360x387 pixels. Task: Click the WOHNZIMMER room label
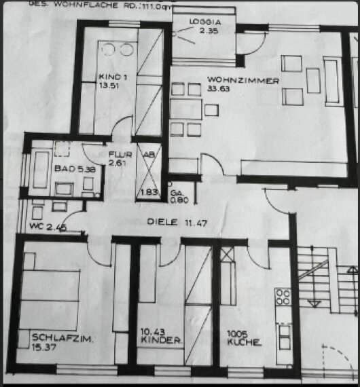point(234,81)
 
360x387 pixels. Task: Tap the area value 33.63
point(218,91)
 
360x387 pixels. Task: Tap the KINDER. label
point(160,344)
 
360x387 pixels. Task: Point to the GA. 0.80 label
point(179,197)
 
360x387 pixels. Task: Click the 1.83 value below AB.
point(149,193)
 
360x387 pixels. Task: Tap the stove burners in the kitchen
point(283,297)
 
